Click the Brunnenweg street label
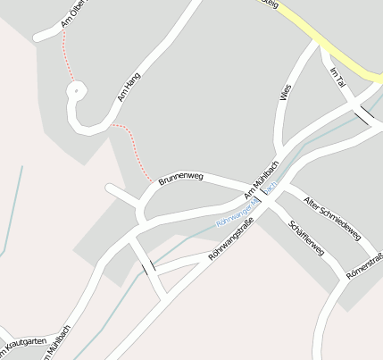point(181,178)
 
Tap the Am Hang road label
point(130,88)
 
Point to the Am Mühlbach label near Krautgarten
point(59,342)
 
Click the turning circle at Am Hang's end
point(77,89)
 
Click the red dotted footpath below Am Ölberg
point(64,54)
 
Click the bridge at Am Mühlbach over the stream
point(262,196)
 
